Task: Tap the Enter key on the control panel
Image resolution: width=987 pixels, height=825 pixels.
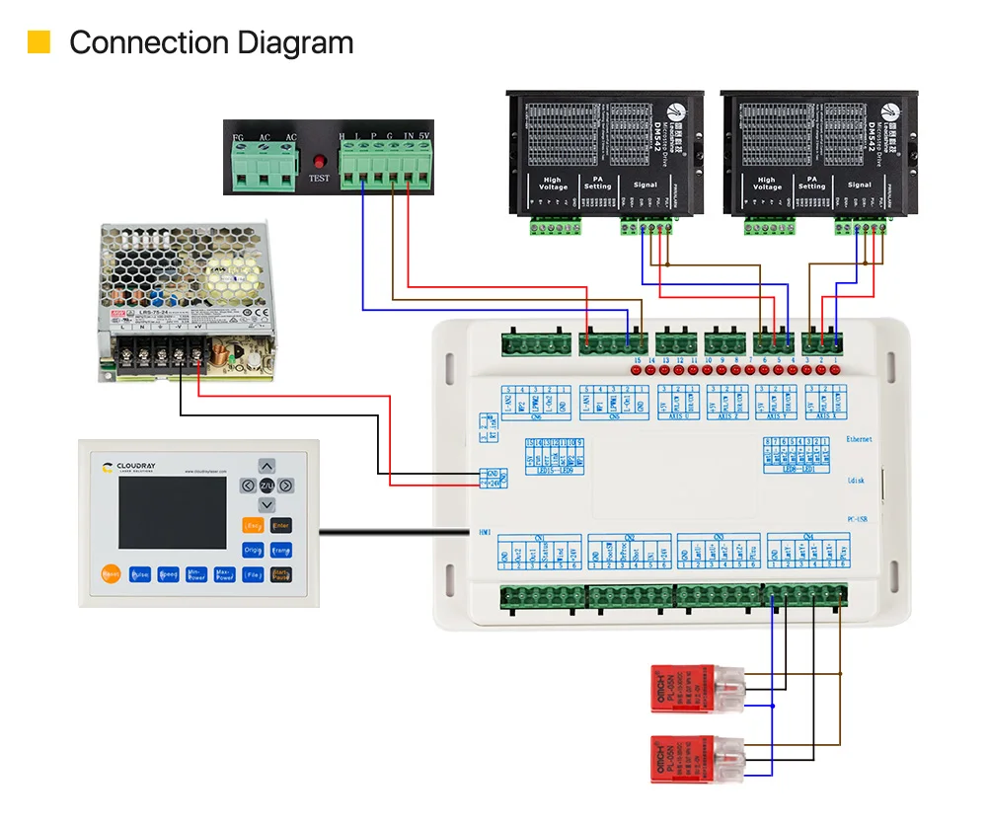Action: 281,526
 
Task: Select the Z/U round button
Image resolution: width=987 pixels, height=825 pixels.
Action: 267,486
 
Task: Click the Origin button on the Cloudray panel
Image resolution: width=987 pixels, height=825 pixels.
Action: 253,551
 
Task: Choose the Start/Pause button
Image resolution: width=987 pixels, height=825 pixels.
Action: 281,574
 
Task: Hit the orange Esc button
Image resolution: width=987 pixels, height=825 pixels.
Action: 253,526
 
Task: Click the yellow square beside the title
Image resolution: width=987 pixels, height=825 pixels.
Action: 38,42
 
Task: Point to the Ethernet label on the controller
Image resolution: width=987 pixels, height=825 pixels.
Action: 860,438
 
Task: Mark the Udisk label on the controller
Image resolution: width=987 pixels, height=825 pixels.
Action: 857,480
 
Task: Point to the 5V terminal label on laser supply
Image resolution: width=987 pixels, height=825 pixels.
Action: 423,135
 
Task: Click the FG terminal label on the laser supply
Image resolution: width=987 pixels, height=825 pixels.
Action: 237,135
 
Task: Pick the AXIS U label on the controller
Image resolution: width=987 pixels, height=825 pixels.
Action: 675,415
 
